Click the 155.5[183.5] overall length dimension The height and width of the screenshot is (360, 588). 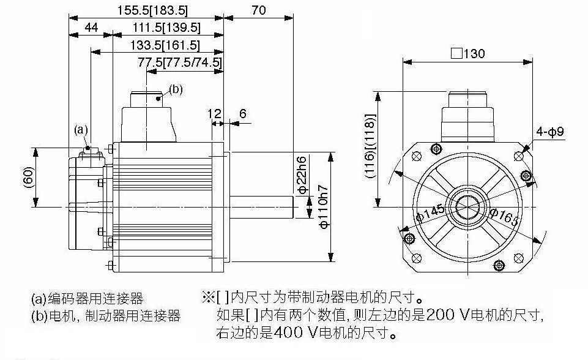click(x=152, y=10)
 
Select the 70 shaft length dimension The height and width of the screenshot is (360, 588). click(x=258, y=10)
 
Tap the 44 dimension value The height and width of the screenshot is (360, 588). click(x=92, y=28)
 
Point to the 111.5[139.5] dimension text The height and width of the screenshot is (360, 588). click(x=166, y=28)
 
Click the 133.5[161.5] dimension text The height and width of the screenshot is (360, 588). click(x=165, y=45)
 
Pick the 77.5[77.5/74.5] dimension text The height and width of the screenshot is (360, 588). click(x=180, y=62)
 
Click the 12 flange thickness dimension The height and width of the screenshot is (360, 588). click(x=215, y=113)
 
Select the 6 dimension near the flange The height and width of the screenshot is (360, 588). click(x=243, y=113)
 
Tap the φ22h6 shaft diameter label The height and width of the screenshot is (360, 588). click(x=302, y=174)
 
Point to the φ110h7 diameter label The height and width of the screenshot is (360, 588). click(x=324, y=207)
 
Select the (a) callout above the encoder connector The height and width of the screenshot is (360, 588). click(x=81, y=130)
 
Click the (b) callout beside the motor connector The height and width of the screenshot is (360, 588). click(x=176, y=89)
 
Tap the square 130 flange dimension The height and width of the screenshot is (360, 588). click(x=467, y=54)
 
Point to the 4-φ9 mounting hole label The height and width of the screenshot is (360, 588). click(x=549, y=132)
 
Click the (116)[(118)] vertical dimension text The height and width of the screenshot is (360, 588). click(x=370, y=146)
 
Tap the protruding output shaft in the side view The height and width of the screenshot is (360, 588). click(x=261, y=207)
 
